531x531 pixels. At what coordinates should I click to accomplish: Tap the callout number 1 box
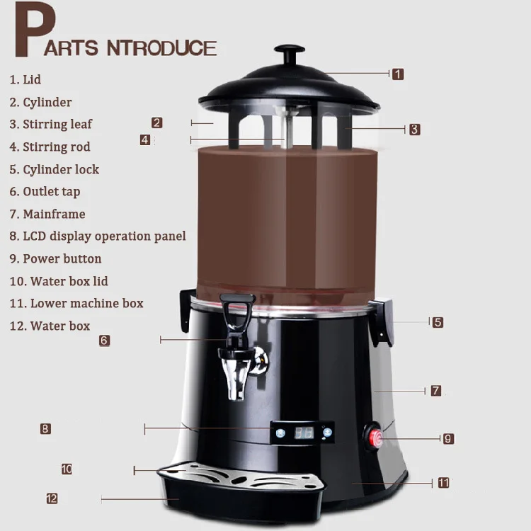(x=398, y=74)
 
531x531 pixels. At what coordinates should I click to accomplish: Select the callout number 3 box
(x=414, y=129)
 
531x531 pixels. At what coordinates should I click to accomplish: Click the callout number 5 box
(x=438, y=322)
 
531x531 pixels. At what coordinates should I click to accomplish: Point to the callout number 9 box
(x=447, y=439)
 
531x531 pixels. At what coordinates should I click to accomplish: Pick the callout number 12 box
(x=52, y=498)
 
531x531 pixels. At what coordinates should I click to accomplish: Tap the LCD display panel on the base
(x=302, y=433)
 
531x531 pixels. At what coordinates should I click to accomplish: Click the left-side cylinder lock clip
(x=187, y=309)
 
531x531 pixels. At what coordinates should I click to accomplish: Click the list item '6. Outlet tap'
(x=45, y=192)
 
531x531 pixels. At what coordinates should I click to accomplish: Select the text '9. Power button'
(x=55, y=259)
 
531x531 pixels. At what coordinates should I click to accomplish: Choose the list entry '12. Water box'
(x=50, y=326)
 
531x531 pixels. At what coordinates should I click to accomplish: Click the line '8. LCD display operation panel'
(x=98, y=236)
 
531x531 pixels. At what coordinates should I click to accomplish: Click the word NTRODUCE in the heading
(x=161, y=48)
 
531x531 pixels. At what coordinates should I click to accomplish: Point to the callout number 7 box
(x=436, y=391)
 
